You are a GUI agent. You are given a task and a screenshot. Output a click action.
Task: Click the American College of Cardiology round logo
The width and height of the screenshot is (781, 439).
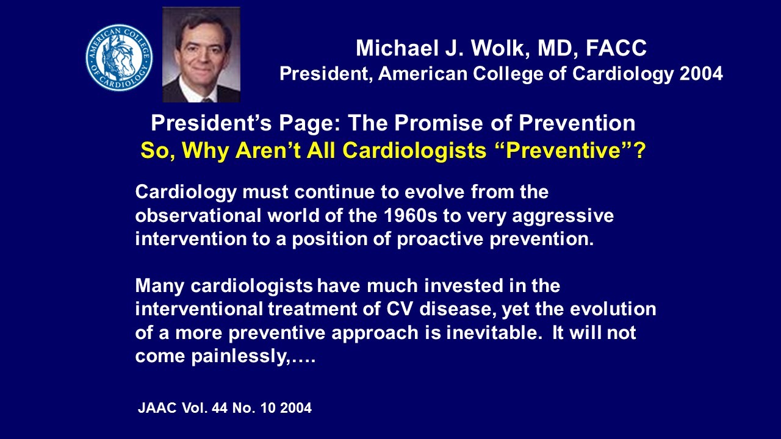[x=119, y=57]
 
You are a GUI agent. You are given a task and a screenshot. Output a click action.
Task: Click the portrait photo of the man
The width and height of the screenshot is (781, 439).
[x=201, y=54]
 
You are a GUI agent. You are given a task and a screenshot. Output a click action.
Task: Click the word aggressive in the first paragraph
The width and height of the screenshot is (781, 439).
[x=568, y=215]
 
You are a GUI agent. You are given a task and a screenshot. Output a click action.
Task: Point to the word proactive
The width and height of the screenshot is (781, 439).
[x=441, y=238]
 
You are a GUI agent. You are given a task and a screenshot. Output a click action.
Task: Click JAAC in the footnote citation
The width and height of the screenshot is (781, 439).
[x=157, y=408]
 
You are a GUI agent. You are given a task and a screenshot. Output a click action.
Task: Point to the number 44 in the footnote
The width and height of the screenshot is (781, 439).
[x=218, y=408]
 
